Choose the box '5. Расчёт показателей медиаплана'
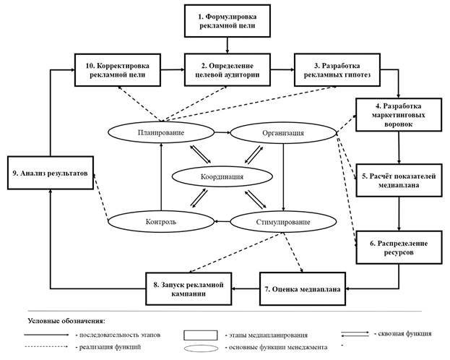pos(398,179)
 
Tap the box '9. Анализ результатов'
pos(51,173)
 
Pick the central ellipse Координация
pos(221,177)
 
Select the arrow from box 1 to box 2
pos(228,45)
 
